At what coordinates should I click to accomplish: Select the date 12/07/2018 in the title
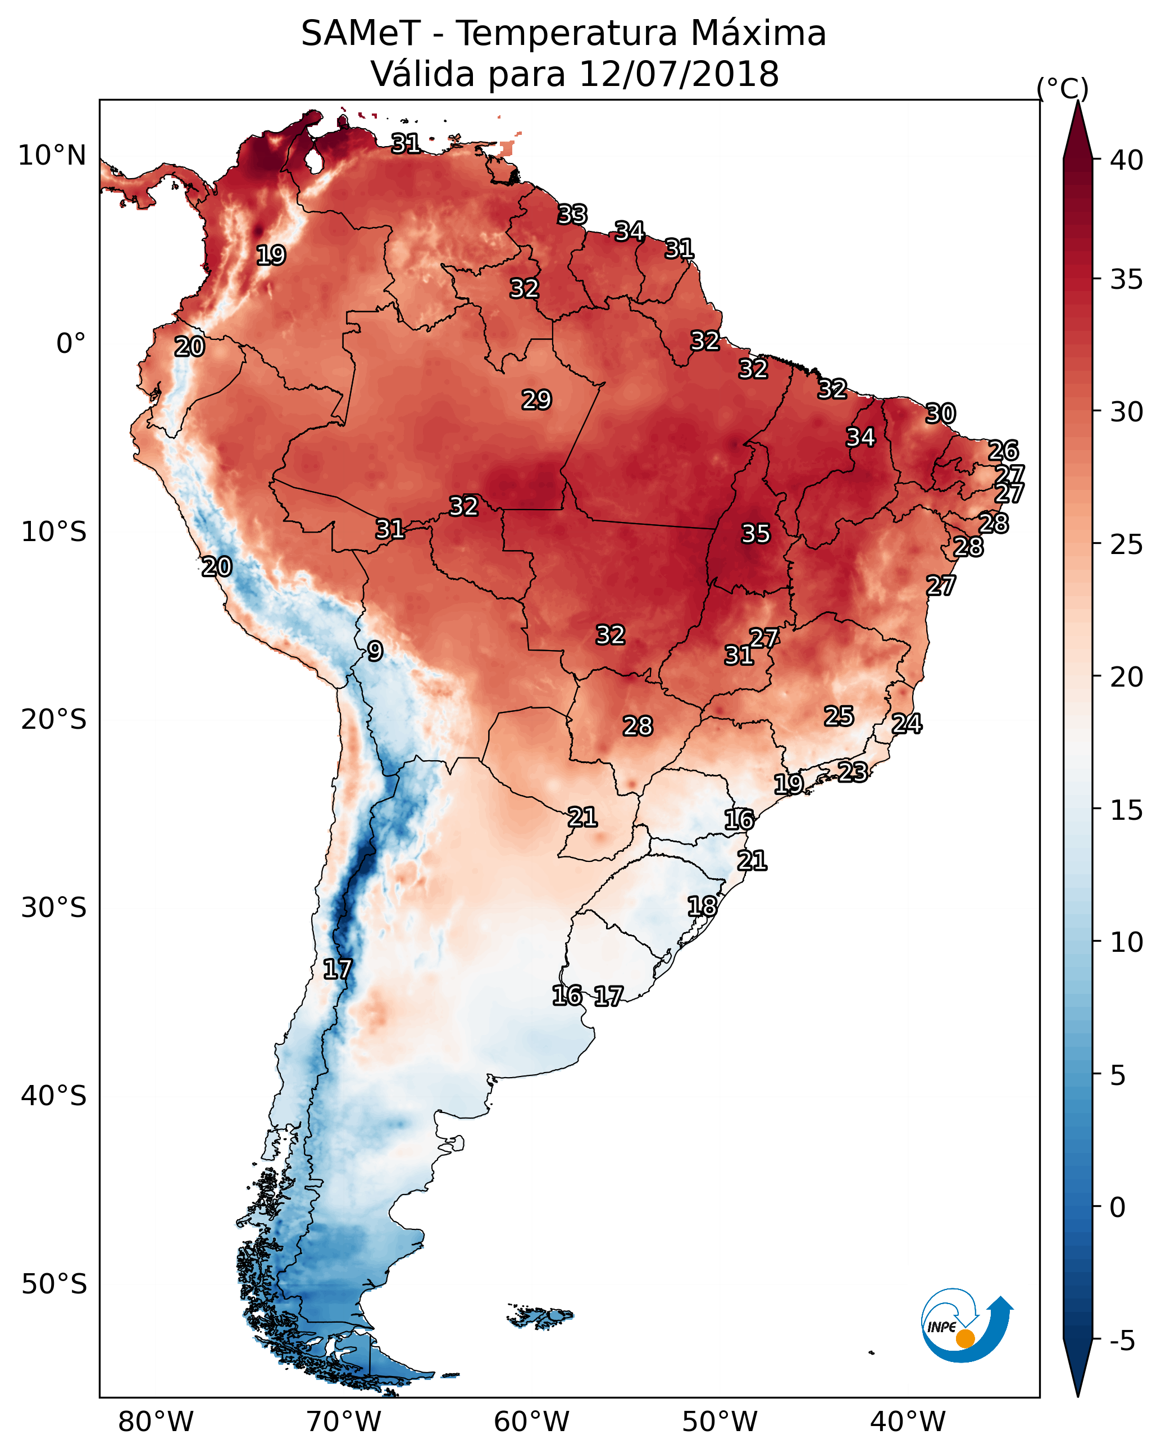tap(679, 74)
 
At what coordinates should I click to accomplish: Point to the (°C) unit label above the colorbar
tap(1062, 89)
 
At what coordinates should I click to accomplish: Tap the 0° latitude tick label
tap(71, 344)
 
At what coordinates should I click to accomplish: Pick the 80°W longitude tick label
tap(156, 1422)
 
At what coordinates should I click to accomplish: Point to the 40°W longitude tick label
tap(908, 1422)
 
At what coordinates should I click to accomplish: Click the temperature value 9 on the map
tap(375, 651)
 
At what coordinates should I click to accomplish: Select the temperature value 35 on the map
tap(755, 534)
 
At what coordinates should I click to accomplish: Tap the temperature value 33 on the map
tap(572, 214)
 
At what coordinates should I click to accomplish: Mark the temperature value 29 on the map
tap(536, 399)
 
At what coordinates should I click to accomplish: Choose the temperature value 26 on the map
tap(1003, 450)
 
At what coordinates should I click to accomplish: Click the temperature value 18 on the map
tap(702, 906)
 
